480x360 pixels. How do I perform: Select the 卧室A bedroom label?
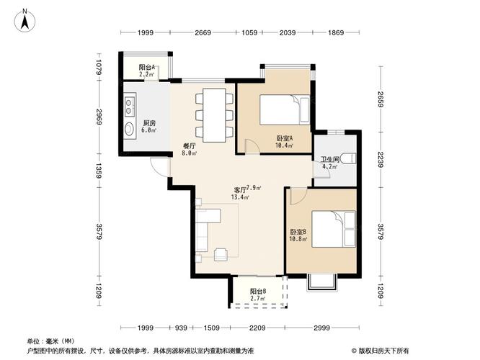(x=284, y=138)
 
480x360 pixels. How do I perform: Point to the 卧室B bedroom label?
(x=298, y=232)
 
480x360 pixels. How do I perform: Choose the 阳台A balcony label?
(x=148, y=68)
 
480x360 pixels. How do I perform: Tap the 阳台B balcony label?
(x=258, y=291)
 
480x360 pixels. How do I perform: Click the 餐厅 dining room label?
(x=189, y=145)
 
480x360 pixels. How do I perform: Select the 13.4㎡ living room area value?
(x=241, y=197)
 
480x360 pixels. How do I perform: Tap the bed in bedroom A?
(x=284, y=109)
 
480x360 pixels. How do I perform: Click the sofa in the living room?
(x=201, y=230)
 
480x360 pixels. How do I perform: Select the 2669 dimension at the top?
(x=203, y=33)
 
